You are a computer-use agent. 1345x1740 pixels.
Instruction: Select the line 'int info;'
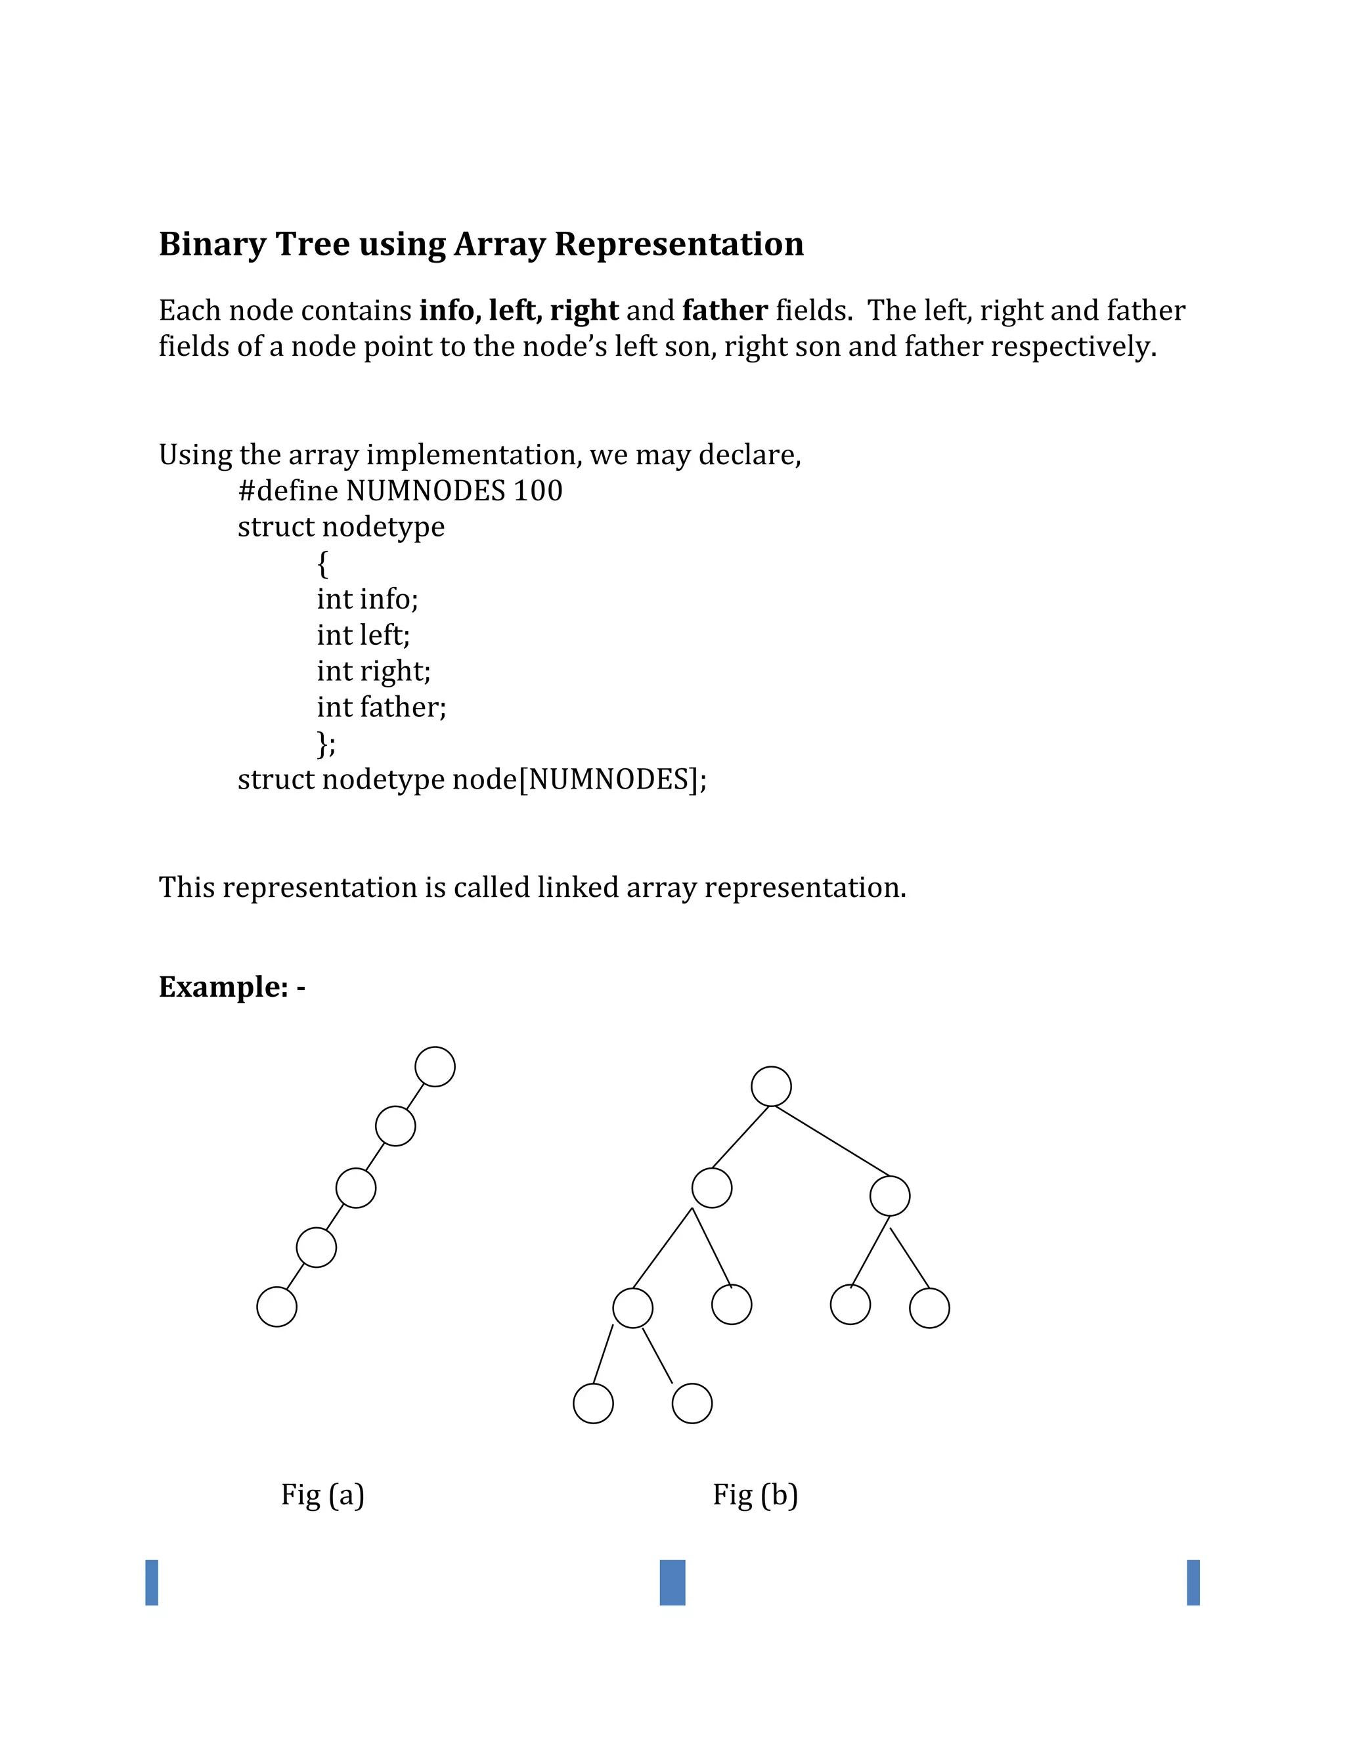367,599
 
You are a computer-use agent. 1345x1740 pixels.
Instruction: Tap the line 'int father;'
381,707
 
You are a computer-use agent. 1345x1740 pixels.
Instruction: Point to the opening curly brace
322,564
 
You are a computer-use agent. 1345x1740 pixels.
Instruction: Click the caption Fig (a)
322,1494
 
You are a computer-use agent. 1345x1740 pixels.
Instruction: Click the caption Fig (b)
755,1494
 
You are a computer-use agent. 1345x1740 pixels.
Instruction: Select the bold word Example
223,987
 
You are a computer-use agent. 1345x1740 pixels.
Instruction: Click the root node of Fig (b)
771,1087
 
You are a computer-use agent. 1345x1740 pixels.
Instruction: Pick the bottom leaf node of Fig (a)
277,1307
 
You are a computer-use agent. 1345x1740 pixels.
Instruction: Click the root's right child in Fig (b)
890,1196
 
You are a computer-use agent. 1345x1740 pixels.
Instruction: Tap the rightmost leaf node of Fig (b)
929,1308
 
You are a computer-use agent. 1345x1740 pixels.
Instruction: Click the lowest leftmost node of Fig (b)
594,1404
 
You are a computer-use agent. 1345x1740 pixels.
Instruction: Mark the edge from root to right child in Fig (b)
833,1142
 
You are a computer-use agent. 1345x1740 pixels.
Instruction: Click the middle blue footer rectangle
672,1583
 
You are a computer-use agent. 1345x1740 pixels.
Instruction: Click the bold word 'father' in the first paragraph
725,311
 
